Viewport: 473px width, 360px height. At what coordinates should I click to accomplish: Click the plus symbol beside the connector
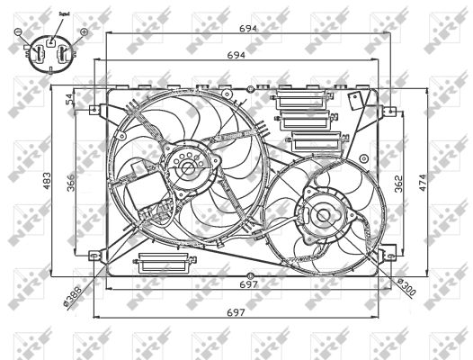[84, 32]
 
